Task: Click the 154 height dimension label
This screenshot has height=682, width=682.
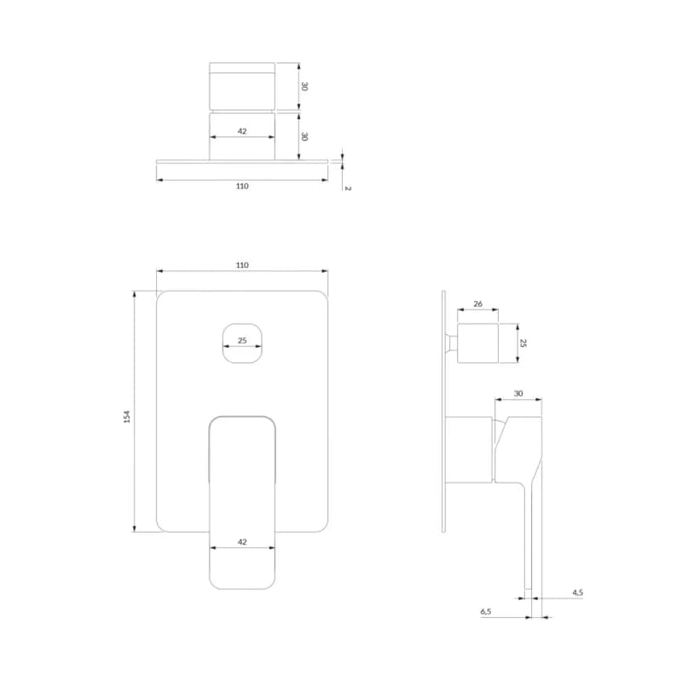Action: pyautogui.click(x=127, y=417)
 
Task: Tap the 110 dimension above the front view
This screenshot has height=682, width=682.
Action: pyautogui.click(x=242, y=265)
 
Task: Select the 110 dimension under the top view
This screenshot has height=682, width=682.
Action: pyautogui.click(x=242, y=186)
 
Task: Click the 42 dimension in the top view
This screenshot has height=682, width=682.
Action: pyautogui.click(x=242, y=131)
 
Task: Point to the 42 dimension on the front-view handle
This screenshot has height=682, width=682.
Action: pyautogui.click(x=242, y=542)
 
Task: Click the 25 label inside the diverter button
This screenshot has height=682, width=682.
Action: pyautogui.click(x=242, y=340)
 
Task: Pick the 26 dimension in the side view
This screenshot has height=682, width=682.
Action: pyautogui.click(x=477, y=304)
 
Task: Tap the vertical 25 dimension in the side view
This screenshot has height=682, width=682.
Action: pyautogui.click(x=523, y=343)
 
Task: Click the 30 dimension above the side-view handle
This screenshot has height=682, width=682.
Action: pyautogui.click(x=518, y=394)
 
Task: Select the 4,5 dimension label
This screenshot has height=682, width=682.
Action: pyautogui.click(x=578, y=592)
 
